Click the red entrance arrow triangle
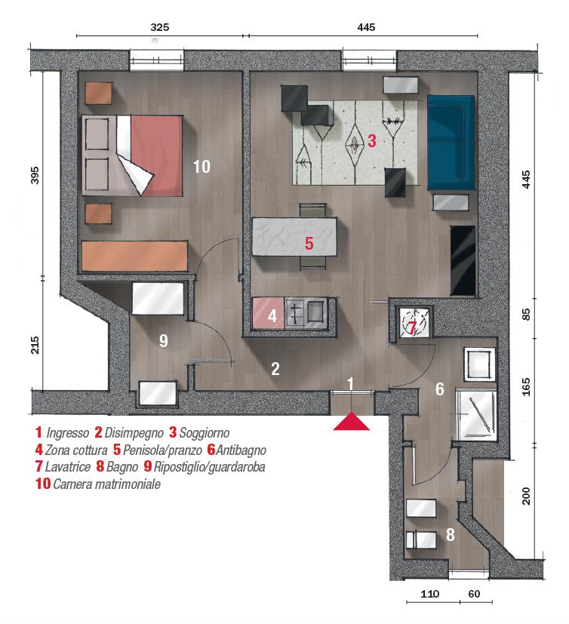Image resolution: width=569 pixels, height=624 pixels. (x=352, y=422)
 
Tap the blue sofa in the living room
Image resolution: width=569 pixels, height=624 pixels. (x=451, y=143)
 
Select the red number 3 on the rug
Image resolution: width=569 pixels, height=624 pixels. (x=371, y=140)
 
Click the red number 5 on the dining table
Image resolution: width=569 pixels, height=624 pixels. (x=309, y=243)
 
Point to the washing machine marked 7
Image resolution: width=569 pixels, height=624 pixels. (x=414, y=323)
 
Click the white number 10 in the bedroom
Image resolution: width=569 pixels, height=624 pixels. (x=201, y=167)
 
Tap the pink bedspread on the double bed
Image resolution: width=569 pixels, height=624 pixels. (x=156, y=155)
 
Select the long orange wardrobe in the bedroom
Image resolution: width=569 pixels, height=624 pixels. (x=134, y=257)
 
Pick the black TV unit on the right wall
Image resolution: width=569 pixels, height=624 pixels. (x=463, y=260)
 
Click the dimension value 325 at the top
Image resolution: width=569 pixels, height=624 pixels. (x=159, y=27)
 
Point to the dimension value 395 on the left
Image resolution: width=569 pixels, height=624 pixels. (x=35, y=176)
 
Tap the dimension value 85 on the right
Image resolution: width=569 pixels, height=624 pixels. (x=526, y=315)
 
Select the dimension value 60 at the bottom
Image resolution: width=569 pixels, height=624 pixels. (x=474, y=594)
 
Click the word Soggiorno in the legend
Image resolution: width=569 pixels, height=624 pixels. (x=205, y=432)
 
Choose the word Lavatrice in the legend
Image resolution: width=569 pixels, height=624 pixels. (x=68, y=466)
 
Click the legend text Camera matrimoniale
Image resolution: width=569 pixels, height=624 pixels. (x=106, y=484)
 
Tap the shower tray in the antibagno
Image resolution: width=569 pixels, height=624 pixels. (x=477, y=415)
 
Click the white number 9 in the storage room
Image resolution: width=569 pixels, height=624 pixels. (x=164, y=340)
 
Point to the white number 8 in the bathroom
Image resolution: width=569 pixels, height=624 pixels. (x=450, y=535)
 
